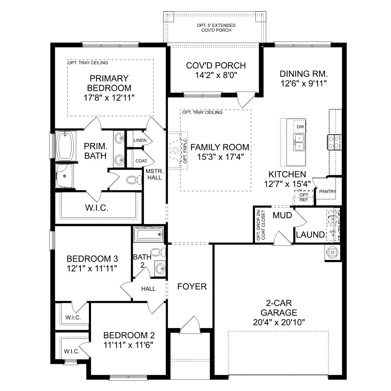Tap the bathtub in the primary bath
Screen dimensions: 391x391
(65, 146)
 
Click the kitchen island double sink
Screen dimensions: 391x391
(299, 142)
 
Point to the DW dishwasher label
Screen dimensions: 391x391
(300, 127)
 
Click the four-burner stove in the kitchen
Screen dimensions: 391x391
(334, 142)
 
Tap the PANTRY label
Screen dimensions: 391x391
(327, 192)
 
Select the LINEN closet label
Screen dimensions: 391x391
(140, 140)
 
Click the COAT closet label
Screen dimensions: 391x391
(141, 161)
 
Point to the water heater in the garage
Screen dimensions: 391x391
(332, 252)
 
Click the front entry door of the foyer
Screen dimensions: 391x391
(190, 325)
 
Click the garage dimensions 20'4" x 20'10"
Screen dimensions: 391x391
(279, 322)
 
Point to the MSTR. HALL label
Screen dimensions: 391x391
(154, 174)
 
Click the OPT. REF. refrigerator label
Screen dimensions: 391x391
(304, 198)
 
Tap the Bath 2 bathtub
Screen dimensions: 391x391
(148, 234)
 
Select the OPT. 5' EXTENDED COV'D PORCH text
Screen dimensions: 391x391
(216, 28)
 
